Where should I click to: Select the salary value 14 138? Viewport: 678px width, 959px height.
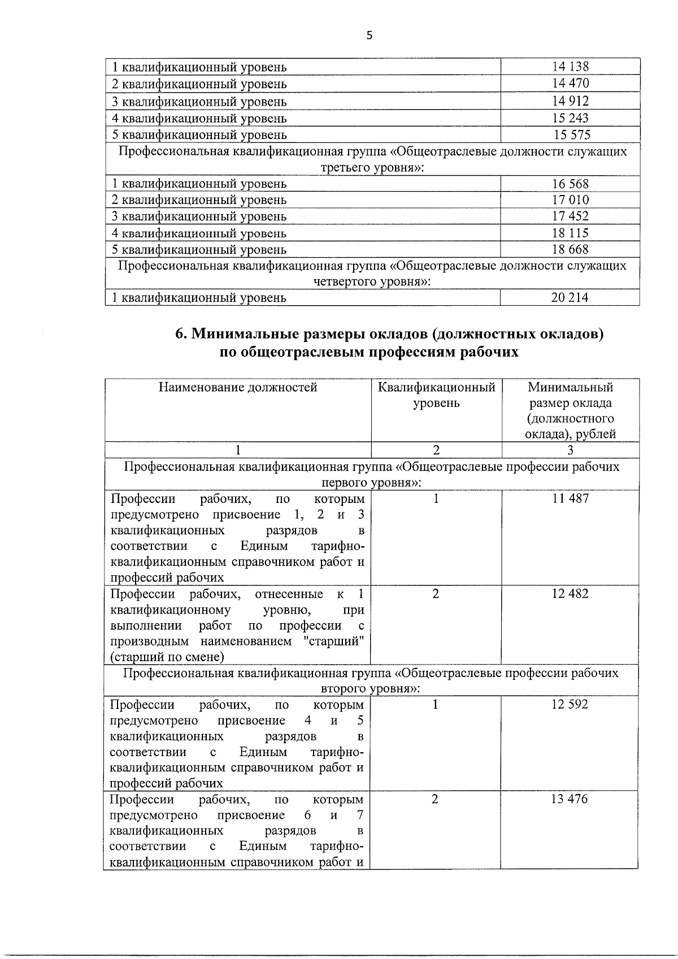tap(570, 67)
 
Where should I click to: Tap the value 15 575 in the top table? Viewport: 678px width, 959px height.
tap(572, 134)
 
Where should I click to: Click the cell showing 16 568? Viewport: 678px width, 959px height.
tap(570, 184)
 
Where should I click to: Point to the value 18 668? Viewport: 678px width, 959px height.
tap(570, 249)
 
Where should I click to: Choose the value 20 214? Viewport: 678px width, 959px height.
tap(570, 297)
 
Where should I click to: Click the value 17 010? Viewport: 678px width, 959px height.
tap(570, 199)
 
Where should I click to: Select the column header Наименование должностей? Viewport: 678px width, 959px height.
tap(238, 387)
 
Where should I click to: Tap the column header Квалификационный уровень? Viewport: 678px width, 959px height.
tap(436, 395)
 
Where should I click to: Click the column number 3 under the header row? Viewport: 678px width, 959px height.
tap(570, 450)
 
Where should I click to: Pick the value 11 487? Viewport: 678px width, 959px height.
tap(570, 498)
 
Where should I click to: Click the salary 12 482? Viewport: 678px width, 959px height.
tap(570, 593)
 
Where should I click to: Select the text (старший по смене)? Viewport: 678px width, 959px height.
tap(167, 657)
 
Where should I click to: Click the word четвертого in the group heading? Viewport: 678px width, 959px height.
tap(345, 281)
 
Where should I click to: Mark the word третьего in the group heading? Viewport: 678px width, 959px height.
tap(346, 168)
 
